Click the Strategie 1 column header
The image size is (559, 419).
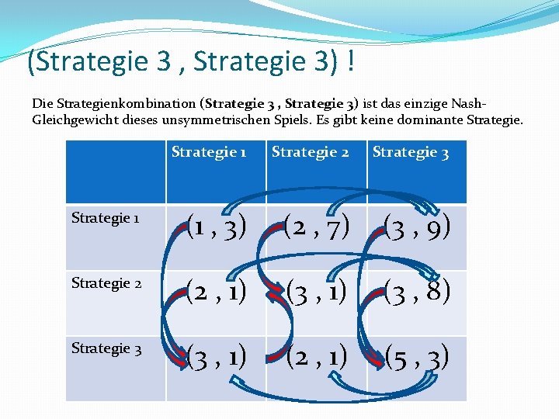208,152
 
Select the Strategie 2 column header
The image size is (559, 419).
309,152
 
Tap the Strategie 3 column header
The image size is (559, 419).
410,152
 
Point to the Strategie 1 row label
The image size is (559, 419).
105,217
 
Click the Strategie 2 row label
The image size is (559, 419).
106,282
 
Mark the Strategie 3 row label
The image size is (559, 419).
106,348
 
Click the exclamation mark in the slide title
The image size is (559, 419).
352,62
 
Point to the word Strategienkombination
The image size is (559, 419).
123,103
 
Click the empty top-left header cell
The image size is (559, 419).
116,171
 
